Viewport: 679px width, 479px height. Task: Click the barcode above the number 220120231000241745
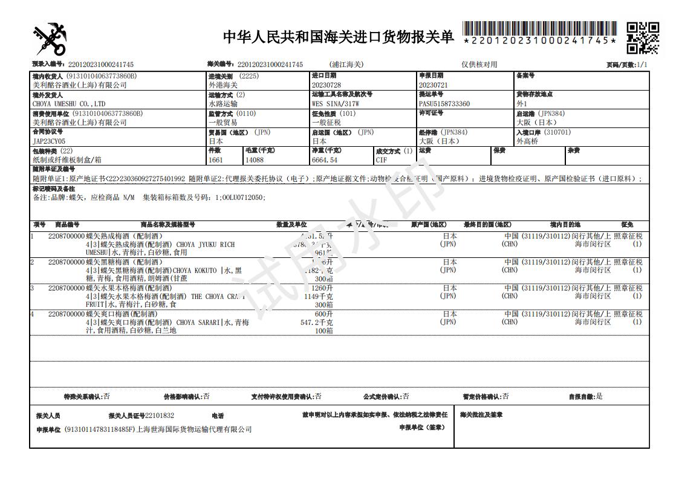point(539,28)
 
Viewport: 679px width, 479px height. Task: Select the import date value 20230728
point(326,85)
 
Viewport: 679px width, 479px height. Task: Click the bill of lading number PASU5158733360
point(444,104)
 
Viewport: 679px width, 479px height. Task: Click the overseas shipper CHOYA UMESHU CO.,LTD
point(69,104)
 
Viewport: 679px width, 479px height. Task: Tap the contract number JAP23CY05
point(48,141)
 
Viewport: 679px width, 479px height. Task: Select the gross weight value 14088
point(255,160)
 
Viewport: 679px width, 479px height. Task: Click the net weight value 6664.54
point(325,160)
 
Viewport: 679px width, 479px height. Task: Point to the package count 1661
point(216,160)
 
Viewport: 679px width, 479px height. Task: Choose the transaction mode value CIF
point(382,160)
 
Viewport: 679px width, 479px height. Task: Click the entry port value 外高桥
point(527,141)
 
